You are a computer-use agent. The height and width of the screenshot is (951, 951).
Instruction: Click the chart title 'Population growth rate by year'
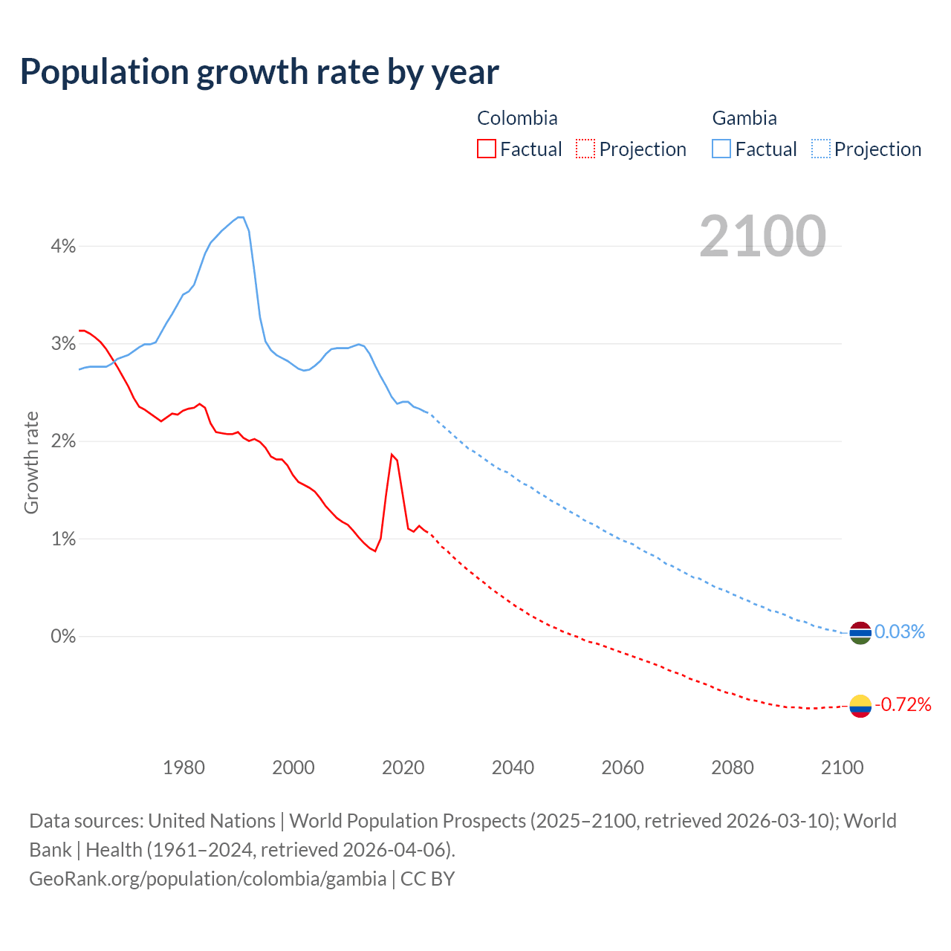coord(259,72)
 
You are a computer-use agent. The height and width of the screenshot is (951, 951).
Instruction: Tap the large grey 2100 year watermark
coord(762,236)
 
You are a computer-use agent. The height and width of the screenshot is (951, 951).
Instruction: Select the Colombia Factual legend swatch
coord(487,149)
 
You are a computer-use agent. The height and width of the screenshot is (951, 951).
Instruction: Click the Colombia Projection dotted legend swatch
coord(585,149)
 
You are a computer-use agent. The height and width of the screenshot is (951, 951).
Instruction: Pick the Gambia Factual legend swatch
coord(721,149)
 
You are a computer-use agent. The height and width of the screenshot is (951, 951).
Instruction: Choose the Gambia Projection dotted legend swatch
coord(820,149)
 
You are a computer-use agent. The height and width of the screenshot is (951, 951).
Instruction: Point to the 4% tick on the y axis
coord(63,246)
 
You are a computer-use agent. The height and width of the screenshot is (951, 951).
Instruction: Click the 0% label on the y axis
coord(63,637)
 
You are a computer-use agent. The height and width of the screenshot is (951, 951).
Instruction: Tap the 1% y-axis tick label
coord(63,539)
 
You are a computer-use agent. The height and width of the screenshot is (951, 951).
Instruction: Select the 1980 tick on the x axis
coord(184,767)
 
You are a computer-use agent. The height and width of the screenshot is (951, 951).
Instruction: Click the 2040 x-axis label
coord(513,767)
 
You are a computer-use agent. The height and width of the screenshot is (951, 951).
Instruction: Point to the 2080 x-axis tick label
coord(733,767)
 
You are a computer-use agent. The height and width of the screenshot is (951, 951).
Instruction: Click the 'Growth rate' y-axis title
coord(31,462)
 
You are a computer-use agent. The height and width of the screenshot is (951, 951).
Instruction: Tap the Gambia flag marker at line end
coord(860,633)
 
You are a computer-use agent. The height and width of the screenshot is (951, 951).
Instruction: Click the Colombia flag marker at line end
coord(860,705)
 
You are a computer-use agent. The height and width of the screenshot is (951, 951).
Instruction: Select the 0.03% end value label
coord(900,632)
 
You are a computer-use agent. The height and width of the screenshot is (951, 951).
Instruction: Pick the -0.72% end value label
coord(903,704)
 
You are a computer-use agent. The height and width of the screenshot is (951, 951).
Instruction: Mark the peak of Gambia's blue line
coord(240,217)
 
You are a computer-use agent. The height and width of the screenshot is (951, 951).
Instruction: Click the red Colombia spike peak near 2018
coord(392,454)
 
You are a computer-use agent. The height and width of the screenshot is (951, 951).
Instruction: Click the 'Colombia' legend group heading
coord(517,118)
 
